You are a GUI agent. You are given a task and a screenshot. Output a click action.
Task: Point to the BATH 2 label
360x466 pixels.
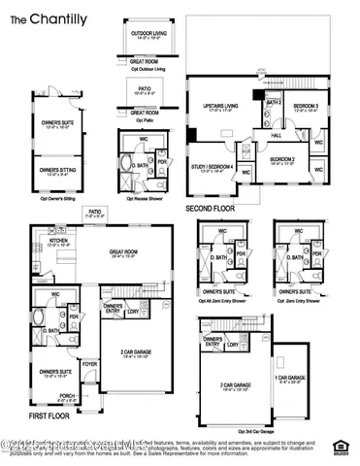pos(275,103)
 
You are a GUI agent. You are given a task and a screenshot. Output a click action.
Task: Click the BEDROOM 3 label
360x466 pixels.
pos(310,106)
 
